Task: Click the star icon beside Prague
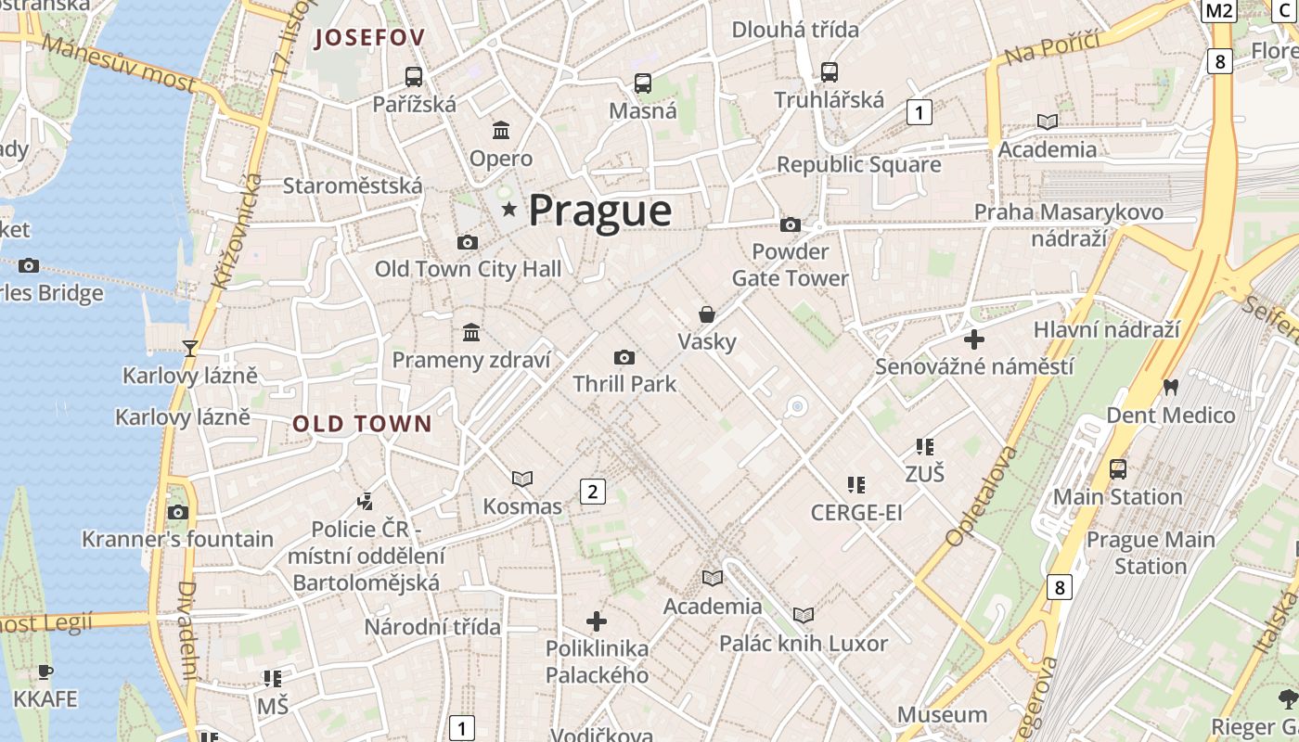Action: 508,210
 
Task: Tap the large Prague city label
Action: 599,211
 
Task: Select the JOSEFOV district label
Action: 370,38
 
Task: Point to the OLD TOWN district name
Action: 363,424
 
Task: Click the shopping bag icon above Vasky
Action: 707,314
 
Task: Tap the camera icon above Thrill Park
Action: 624,357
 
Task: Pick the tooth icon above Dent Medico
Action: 1170,387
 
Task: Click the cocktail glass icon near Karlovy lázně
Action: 190,348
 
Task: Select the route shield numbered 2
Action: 592,492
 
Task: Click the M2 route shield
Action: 1219,10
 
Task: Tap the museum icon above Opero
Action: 501,130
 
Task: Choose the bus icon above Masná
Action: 642,83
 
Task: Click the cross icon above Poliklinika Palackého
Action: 597,620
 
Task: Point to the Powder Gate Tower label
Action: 791,265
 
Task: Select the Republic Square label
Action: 858,165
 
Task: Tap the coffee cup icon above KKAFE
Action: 45,672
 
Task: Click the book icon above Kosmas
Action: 522,479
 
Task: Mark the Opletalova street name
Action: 981,497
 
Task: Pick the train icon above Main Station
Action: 1118,469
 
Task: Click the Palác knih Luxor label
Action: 804,643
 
